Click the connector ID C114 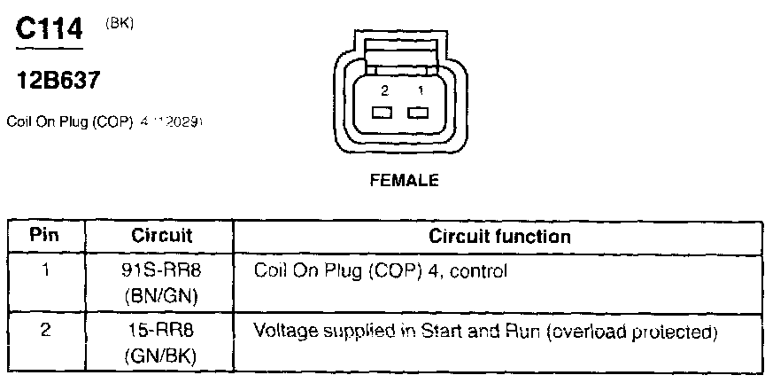[x=50, y=29]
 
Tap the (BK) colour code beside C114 [x=120, y=25]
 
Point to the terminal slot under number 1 [x=416, y=113]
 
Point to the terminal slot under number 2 [x=383, y=113]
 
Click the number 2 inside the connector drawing [x=384, y=91]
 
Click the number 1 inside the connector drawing [x=421, y=91]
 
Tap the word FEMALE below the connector [x=403, y=180]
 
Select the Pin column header [x=43, y=237]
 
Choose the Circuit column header [x=162, y=237]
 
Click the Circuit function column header [x=499, y=237]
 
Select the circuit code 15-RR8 [x=162, y=333]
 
